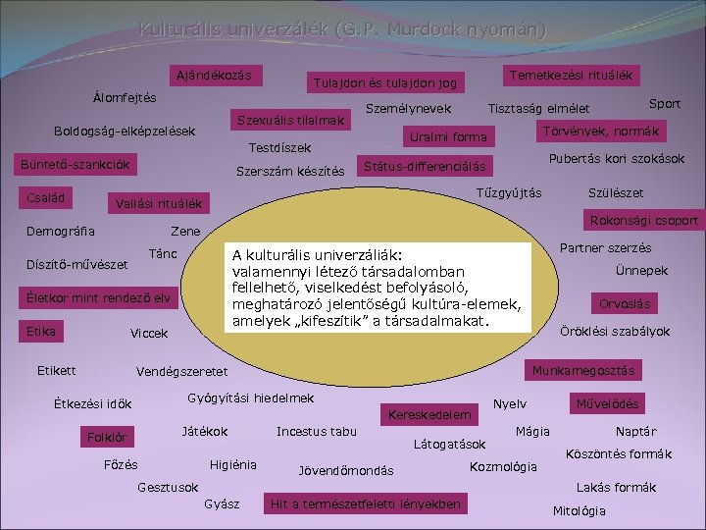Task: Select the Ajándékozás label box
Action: (x=212, y=76)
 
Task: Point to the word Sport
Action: (x=665, y=103)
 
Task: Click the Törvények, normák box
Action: (x=600, y=131)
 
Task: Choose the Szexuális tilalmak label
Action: (x=291, y=120)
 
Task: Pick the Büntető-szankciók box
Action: (x=76, y=165)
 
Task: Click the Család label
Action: (x=46, y=197)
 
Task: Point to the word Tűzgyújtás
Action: (x=508, y=192)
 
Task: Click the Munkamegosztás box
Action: (x=582, y=370)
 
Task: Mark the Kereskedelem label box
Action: (x=429, y=415)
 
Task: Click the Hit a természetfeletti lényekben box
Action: (x=365, y=504)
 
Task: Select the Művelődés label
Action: (x=606, y=403)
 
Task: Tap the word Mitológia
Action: (x=580, y=510)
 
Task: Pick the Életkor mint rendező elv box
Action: (x=99, y=297)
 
